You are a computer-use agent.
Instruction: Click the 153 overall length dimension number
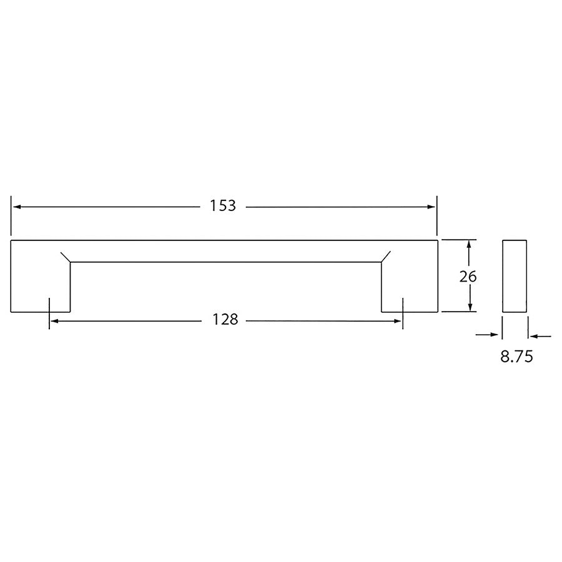[223, 206]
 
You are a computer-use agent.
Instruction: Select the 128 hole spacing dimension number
[225, 320]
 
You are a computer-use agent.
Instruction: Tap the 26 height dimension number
[468, 276]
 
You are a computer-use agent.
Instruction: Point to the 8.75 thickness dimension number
[516, 357]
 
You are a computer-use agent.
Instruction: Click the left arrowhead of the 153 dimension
[16, 206]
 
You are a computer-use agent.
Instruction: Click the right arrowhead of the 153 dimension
[431, 206]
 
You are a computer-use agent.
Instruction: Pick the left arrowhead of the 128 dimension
[54, 320]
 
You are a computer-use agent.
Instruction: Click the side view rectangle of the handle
[515, 275]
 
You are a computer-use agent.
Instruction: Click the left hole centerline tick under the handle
[49, 312]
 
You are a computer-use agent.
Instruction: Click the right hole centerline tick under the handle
[403, 312]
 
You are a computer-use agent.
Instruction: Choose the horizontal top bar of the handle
[225, 250]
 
